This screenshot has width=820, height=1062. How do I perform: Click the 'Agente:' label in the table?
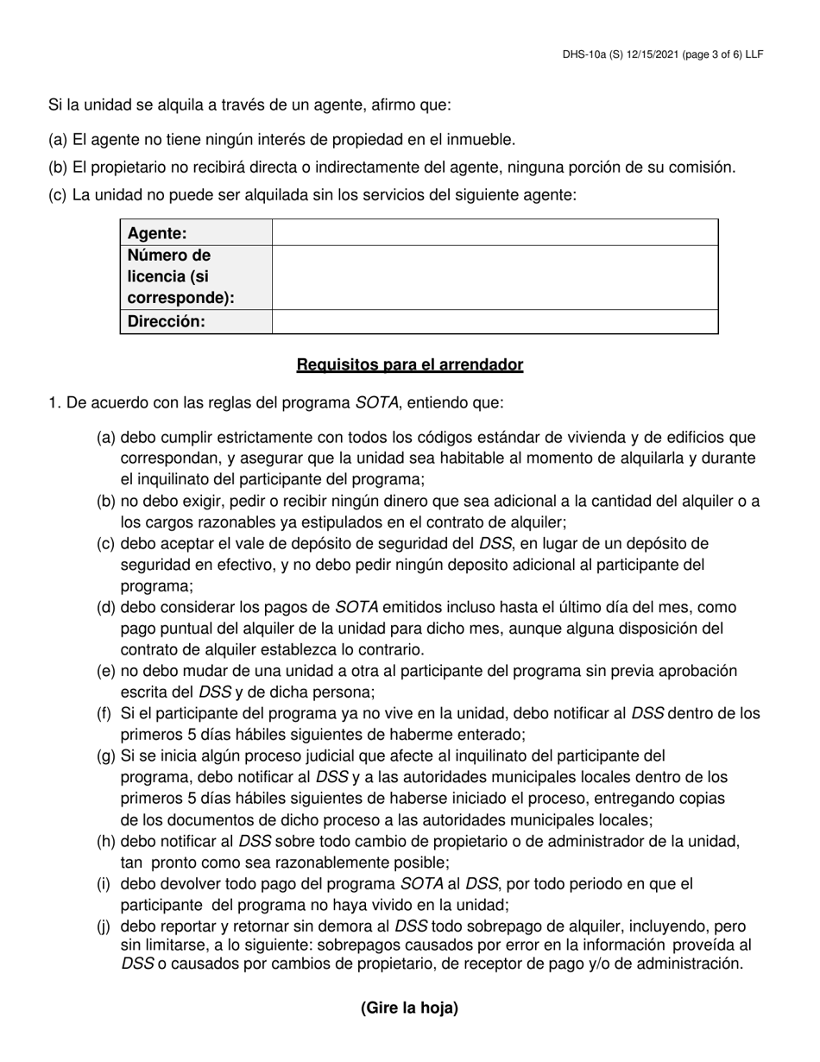[x=157, y=233]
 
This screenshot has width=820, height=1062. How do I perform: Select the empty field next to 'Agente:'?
[x=495, y=233]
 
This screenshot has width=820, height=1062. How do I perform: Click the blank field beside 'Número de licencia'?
[x=495, y=277]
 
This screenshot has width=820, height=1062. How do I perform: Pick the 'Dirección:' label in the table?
[x=167, y=321]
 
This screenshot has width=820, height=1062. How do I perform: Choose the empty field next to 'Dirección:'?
[x=495, y=321]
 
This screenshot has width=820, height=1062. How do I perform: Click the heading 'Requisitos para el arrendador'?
[x=409, y=364]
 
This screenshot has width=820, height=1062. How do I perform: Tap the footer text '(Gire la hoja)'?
[x=409, y=1008]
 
